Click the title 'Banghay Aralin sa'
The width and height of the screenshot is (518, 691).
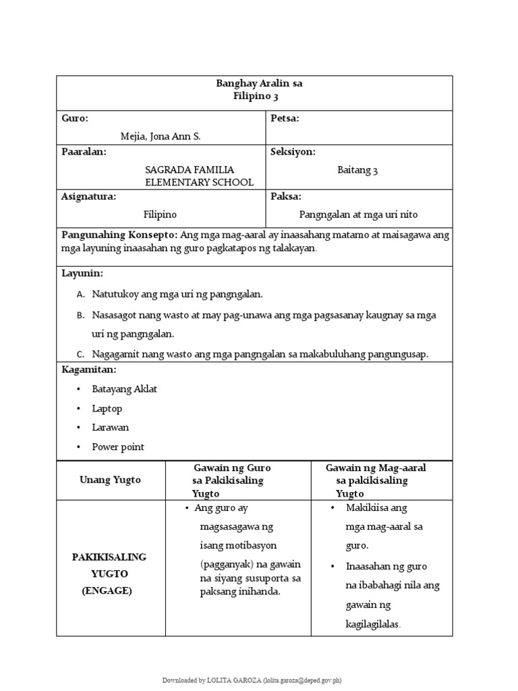click(x=258, y=84)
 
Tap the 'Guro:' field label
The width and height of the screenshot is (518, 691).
click(x=75, y=118)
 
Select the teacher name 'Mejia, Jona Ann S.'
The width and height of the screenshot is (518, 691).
click(x=161, y=136)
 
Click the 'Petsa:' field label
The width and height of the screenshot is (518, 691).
click(x=285, y=118)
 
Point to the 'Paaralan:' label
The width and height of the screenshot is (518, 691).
click(x=84, y=152)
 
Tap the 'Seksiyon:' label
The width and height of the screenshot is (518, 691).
click(x=293, y=152)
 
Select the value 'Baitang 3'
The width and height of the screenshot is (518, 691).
click(x=357, y=170)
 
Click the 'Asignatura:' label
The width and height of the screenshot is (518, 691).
click(x=89, y=196)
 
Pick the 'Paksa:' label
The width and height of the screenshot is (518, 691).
click(x=286, y=196)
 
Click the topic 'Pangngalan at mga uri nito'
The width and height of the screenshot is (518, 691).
click(x=358, y=215)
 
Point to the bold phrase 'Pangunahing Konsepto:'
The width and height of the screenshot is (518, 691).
click(x=119, y=235)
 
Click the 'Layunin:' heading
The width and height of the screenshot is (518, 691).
click(x=82, y=273)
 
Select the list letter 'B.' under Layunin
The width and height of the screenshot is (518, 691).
click(x=80, y=314)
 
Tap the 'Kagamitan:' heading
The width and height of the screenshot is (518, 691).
click(x=89, y=370)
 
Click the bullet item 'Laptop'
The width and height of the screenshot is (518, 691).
click(x=107, y=408)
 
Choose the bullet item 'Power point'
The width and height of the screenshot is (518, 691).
click(x=118, y=447)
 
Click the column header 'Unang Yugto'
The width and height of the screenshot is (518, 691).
click(x=111, y=480)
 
